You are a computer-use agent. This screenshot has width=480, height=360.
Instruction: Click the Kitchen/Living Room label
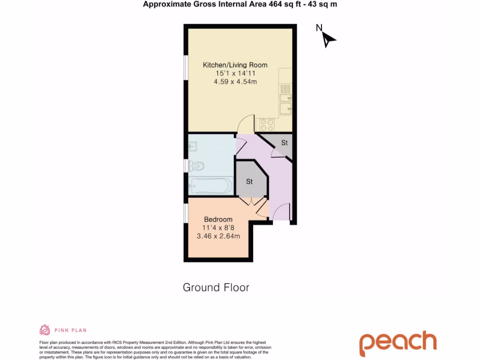pos(235,65)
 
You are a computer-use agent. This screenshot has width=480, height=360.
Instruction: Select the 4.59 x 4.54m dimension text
pos(235,82)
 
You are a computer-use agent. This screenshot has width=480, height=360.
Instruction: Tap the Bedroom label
pos(218,219)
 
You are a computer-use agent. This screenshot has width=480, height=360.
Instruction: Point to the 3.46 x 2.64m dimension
pos(218,236)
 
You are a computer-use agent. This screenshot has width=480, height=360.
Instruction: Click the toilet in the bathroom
pos(196,165)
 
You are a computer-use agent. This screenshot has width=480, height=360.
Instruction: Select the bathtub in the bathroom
pos(210,186)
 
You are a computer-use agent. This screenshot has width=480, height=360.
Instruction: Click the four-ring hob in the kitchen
pos(267,125)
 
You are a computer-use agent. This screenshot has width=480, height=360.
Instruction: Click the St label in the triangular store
pos(284,142)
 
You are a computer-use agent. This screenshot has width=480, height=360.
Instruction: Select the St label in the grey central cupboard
pos(249,181)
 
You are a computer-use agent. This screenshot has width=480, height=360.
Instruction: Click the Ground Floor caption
pos(216,287)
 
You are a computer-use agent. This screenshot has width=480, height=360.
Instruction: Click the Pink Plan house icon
pos(45,330)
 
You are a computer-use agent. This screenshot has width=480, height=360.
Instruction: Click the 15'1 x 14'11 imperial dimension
pos(235,74)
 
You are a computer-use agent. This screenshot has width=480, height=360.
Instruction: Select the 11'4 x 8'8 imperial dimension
pos(218,228)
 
